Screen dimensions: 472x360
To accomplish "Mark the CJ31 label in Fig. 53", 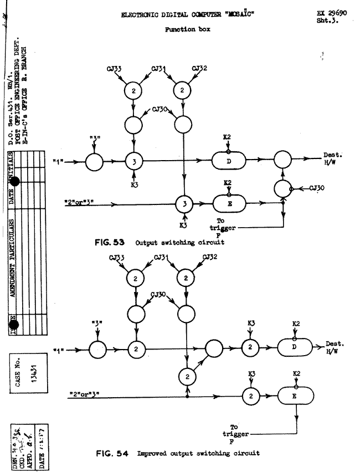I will [162, 68].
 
